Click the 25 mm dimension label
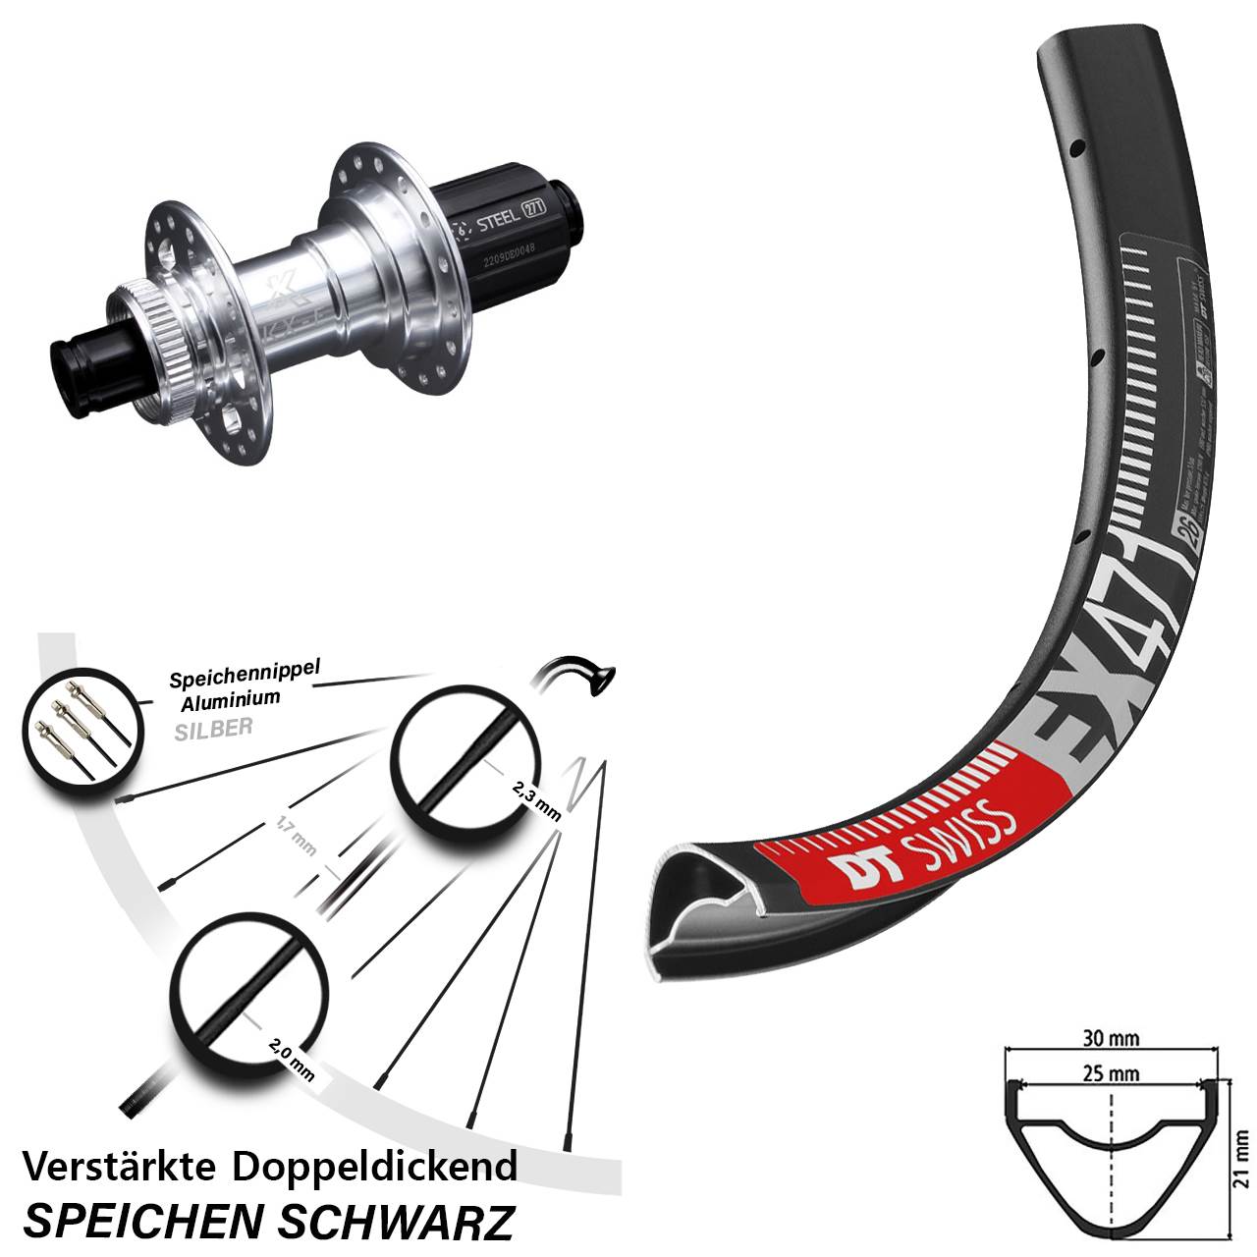(1114, 1073)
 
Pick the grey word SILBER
(213, 728)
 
